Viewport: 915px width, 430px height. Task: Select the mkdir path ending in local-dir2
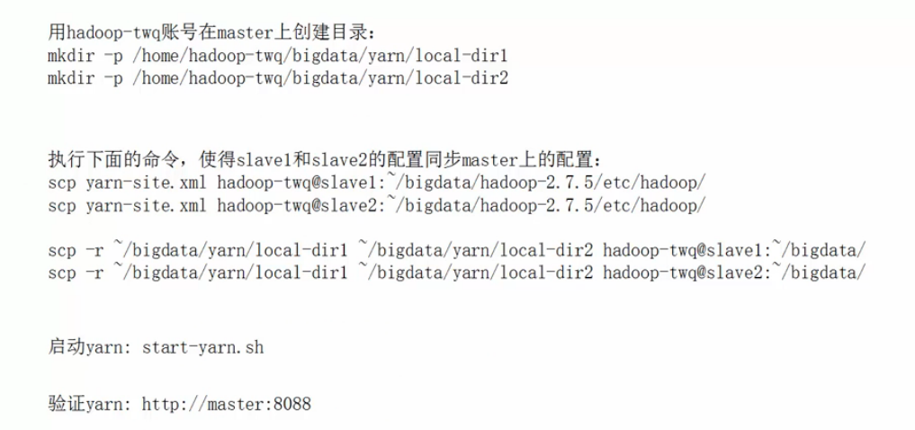pyautogui.click(x=320, y=78)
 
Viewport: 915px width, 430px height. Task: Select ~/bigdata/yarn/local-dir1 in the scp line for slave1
pyautogui.click(x=230, y=249)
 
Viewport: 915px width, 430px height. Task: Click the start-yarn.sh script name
pyautogui.click(x=203, y=346)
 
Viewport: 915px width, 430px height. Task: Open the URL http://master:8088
pyautogui.click(x=227, y=404)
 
